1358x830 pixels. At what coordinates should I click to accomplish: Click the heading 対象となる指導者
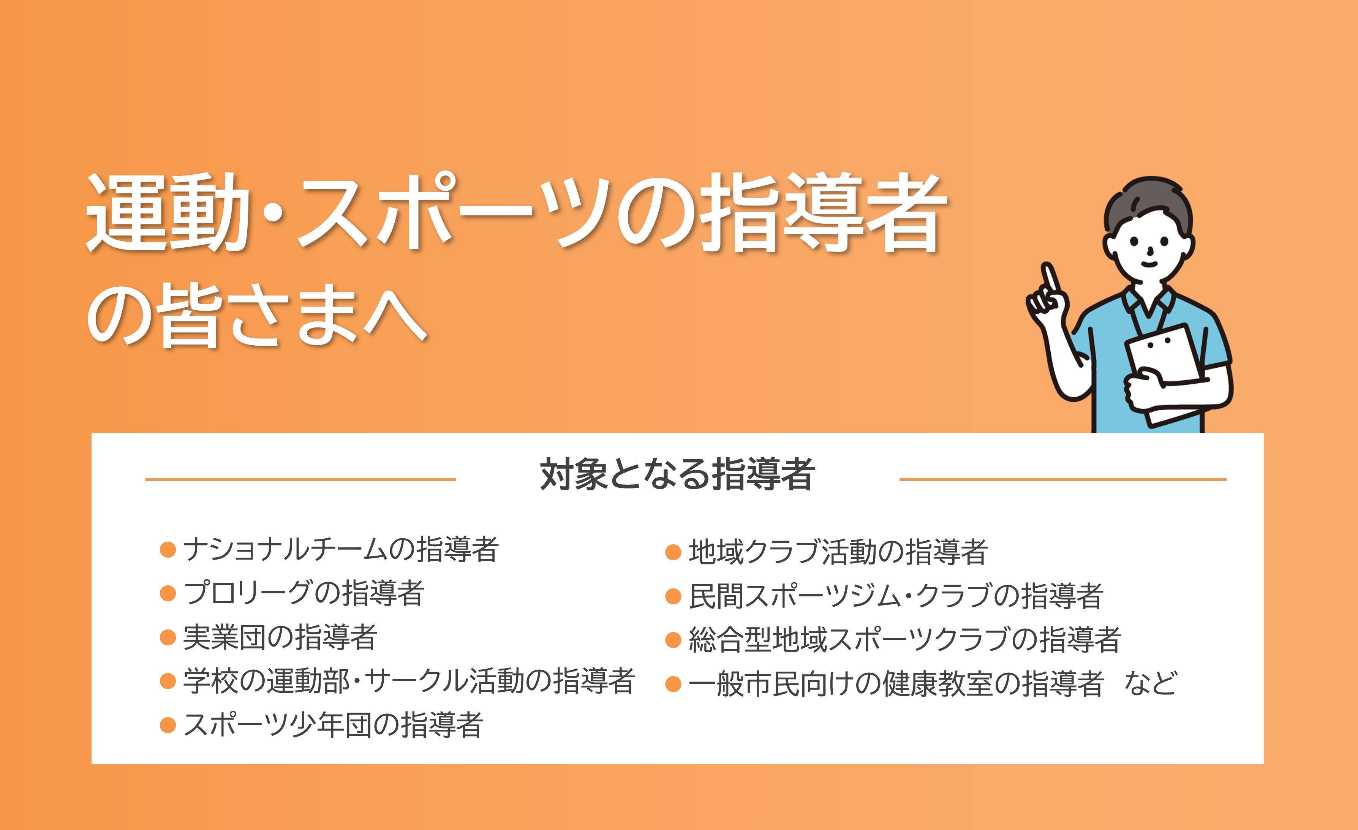[x=677, y=474]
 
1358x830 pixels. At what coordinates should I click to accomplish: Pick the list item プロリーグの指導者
[x=304, y=593]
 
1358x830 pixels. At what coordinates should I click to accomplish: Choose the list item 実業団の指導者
[x=280, y=637]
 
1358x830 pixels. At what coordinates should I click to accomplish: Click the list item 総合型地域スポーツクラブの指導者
[x=905, y=639]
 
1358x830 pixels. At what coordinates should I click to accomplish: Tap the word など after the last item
[x=1151, y=683]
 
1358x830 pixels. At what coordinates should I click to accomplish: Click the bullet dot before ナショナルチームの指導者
[x=168, y=550]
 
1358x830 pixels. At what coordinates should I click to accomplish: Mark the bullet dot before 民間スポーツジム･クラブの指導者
[x=673, y=596]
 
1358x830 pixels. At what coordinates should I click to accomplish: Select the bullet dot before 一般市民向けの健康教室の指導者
[x=673, y=684]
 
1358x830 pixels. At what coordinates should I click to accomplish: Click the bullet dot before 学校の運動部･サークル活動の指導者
[x=168, y=681]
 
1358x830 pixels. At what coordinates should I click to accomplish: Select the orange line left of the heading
[x=300, y=479]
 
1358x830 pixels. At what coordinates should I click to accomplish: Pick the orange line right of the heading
[x=1062, y=479]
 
